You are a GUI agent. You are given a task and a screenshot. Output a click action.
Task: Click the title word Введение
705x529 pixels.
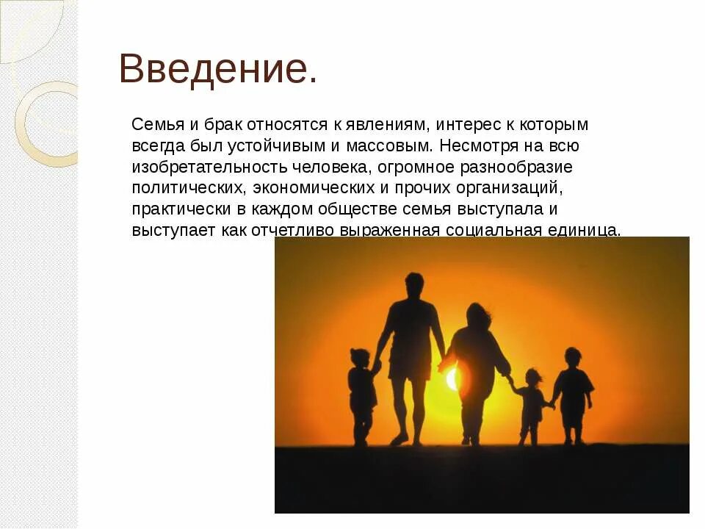(218, 70)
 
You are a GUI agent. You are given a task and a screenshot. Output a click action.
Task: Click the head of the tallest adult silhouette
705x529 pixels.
(414, 283)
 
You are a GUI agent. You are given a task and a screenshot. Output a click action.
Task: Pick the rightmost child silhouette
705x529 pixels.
(573, 393)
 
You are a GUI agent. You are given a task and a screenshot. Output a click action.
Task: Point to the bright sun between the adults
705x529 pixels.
(452, 379)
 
